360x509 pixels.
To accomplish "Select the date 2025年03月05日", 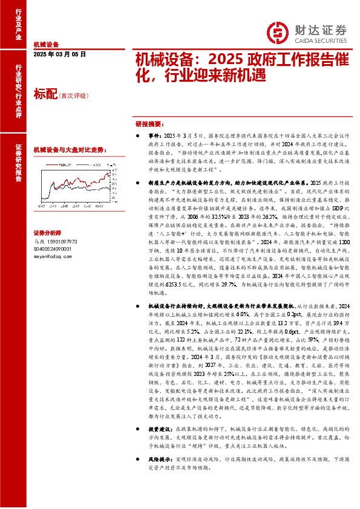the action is pos(60,54).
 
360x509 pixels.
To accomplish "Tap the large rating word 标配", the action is pos(45,95).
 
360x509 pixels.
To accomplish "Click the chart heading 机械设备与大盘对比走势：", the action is pos(69,149).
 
